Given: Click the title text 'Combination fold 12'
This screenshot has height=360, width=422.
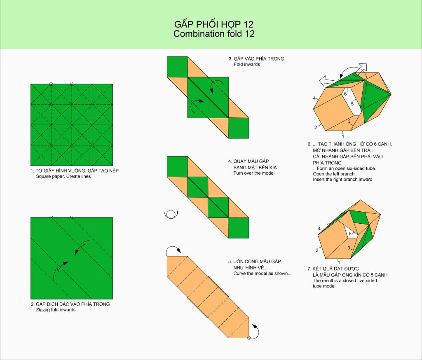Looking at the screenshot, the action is pos(214,34).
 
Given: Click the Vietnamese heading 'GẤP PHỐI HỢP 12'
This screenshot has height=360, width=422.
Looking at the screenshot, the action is pos(214,24).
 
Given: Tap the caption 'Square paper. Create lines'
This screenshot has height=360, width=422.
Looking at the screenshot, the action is pos(63,177).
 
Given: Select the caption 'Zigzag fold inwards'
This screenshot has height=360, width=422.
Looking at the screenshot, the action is pos(56,310).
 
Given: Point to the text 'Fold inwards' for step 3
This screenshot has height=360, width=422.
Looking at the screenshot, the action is pos(247,64).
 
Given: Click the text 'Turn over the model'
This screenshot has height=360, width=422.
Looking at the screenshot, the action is pos(254,173).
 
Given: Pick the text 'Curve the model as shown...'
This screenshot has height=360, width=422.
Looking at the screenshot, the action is pos(263,274).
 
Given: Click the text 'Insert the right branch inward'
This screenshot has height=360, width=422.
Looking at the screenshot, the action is pos(342,180).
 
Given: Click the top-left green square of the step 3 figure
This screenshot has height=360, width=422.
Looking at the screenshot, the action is pos(177,67).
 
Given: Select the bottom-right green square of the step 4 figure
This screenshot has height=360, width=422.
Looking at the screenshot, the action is pos(239,228).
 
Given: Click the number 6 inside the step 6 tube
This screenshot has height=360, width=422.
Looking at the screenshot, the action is pos(345,94).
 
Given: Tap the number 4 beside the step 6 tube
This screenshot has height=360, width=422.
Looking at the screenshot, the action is pos(314,98).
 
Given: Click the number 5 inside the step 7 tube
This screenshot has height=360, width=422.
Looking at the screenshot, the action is pos(350,234).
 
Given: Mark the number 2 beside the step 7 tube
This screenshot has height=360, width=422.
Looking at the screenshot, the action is pos(317,250).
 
